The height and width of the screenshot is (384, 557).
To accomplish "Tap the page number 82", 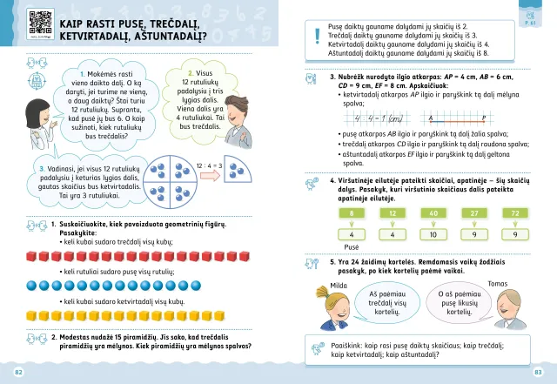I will point(18,373).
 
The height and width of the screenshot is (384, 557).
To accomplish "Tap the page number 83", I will point(538,373).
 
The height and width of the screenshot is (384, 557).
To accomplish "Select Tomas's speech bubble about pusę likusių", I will point(458,303).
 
